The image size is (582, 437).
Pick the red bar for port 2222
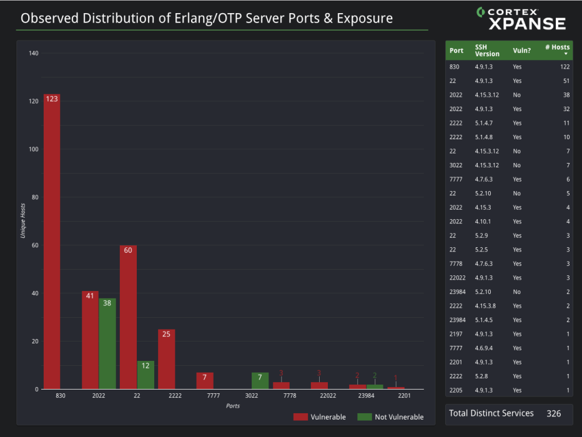(166, 359)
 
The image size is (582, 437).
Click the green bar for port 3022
(260, 381)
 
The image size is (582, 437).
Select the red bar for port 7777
(204, 381)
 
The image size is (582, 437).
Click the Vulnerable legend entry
(320, 417)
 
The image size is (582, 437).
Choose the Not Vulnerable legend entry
(390, 417)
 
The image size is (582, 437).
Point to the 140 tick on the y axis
(34, 54)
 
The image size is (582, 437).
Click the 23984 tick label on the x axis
(366, 396)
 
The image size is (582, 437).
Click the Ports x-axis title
(232, 406)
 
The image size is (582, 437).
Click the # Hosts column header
(556, 47)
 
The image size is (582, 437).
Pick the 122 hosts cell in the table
(564, 67)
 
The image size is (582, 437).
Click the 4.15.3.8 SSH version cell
(485, 306)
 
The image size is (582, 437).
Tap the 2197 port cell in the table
(456, 334)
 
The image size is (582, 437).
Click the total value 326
(553, 413)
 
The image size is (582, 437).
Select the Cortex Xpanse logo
(521, 19)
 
